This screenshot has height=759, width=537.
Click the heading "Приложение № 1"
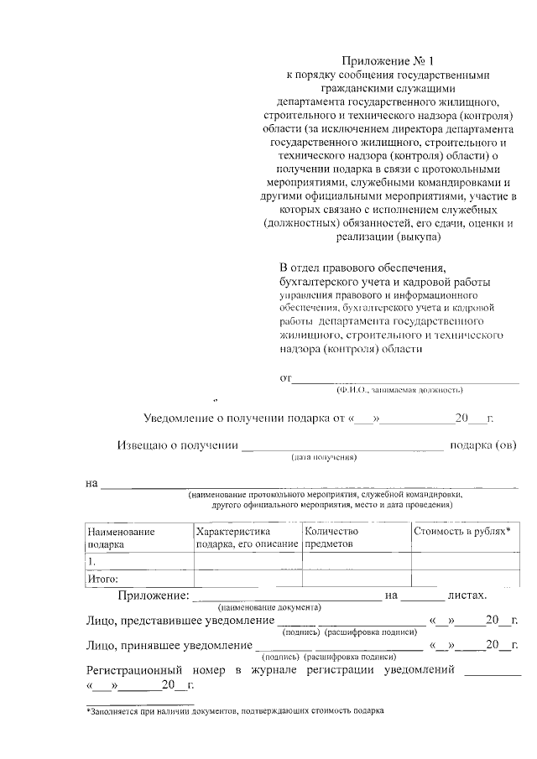[x=389, y=61]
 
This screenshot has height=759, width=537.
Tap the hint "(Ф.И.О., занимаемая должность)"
[x=399, y=390]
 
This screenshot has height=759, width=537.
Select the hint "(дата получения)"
[x=325, y=458]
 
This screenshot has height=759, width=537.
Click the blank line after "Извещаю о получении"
[x=342, y=447]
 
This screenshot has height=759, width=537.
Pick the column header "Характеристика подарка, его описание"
[x=247, y=538]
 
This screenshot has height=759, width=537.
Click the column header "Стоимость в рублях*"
[x=462, y=532]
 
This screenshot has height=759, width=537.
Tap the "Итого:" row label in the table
[x=103, y=579]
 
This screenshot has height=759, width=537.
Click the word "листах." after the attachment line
[x=467, y=595]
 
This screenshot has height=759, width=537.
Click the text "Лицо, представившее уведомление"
[x=180, y=621]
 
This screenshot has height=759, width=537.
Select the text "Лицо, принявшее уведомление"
[x=169, y=646]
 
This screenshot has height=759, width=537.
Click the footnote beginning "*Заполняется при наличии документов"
[x=235, y=710]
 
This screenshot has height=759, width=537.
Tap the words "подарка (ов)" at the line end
[x=483, y=445]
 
